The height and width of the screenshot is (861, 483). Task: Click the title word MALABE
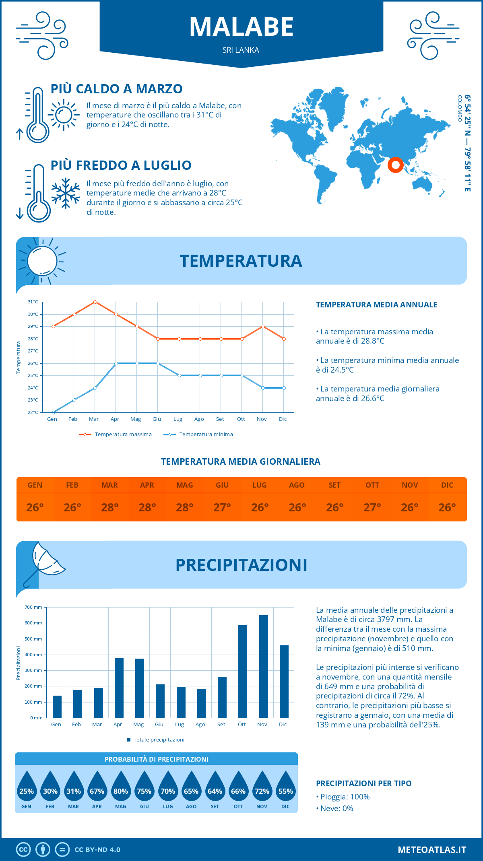(x=242, y=27)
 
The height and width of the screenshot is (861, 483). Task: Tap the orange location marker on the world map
(x=395, y=165)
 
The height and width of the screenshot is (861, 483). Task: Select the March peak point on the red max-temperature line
(x=95, y=302)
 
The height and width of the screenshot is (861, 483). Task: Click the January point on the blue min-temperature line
(x=53, y=412)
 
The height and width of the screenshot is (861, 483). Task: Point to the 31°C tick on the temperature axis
(x=33, y=302)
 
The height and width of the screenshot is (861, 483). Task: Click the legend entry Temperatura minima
(x=206, y=435)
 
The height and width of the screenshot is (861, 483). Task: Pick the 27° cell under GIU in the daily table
(x=222, y=507)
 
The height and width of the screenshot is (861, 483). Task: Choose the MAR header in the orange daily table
(x=109, y=485)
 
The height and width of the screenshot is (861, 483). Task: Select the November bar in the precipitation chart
(x=263, y=666)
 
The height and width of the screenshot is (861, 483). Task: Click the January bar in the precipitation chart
(x=57, y=707)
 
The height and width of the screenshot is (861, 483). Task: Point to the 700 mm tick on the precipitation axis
(x=34, y=607)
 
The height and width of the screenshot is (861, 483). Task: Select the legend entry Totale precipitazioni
(x=158, y=739)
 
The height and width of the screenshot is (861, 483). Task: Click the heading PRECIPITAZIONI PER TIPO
(x=363, y=783)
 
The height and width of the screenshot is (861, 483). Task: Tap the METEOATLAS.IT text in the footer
(x=431, y=849)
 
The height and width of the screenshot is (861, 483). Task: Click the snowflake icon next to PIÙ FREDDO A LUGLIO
(x=66, y=193)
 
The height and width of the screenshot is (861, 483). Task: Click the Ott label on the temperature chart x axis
(x=241, y=419)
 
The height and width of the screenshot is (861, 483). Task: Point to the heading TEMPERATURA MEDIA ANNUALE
(x=376, y=305)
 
